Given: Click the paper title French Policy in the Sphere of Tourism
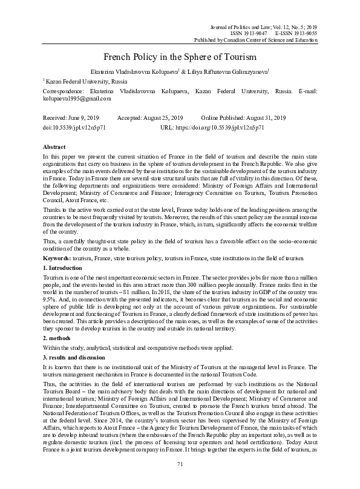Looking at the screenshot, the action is tap(180, 56).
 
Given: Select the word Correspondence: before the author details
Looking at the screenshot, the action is tap(64, 90).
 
